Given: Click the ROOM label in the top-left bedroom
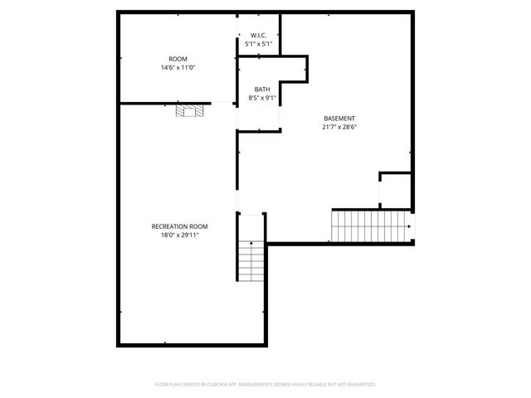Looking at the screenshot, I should click(178, 59).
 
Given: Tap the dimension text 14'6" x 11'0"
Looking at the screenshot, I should click(178, 67).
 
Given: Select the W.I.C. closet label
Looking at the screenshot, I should click(258, 36).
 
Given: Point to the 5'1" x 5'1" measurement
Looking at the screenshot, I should click(258, 43).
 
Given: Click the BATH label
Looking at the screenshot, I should click(261, 90).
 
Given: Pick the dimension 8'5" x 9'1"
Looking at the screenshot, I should click(261, 98).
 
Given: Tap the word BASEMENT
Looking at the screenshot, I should click(339, 119).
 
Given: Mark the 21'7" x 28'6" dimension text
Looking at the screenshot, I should click(339, 127).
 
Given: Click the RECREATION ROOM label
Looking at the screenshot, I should click(179, 226).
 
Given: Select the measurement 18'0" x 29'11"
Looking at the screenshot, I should click(179, 235).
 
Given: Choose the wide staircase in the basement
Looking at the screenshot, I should click(371, 226).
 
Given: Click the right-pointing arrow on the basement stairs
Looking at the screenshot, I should click(410, 226).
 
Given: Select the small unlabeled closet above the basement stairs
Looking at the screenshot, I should click(395, 191).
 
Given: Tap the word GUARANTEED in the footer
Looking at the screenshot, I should click(359, 385).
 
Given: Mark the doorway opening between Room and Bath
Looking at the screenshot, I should click(225, 103).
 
